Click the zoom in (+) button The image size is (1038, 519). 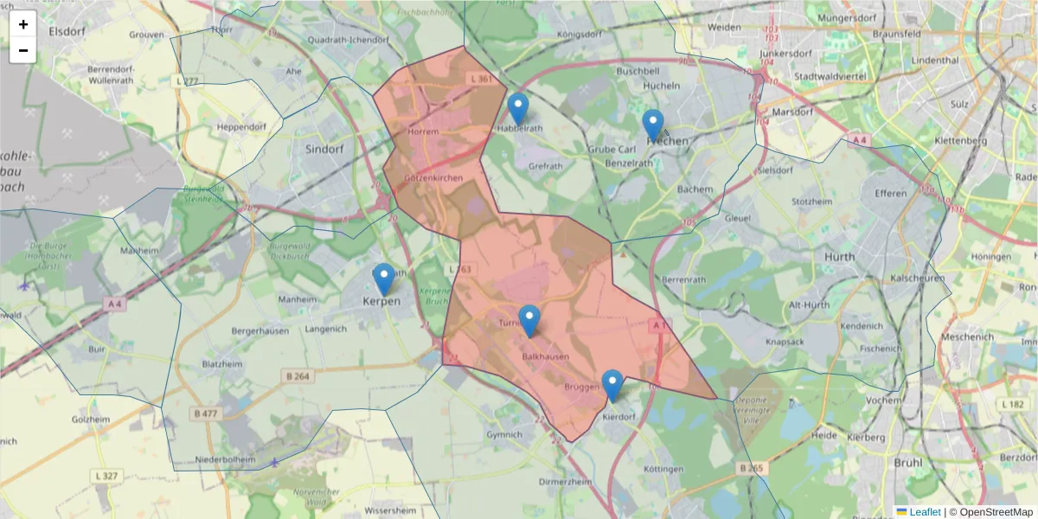pyautogui.click(x=23, y=24)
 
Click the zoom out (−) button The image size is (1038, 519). pyautogui.click(x=23, y=50)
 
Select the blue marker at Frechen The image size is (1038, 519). pyautogui.click(x=653, y=126)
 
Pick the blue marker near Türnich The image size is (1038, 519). pyautogui.click(x=529, y=321)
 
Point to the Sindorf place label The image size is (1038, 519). pyautogui.click(x=325, y=149)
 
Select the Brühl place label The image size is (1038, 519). pyautogui.click(x=907, y=463)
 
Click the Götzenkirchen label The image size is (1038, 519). pyautogui.click(x=433, y=178)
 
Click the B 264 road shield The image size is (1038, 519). pyautogui.click(x=297, y=375)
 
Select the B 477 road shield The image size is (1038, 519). pyautogui.click(x=206, y=413)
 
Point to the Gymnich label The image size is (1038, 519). pyautogui.click(x=504, y=435)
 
